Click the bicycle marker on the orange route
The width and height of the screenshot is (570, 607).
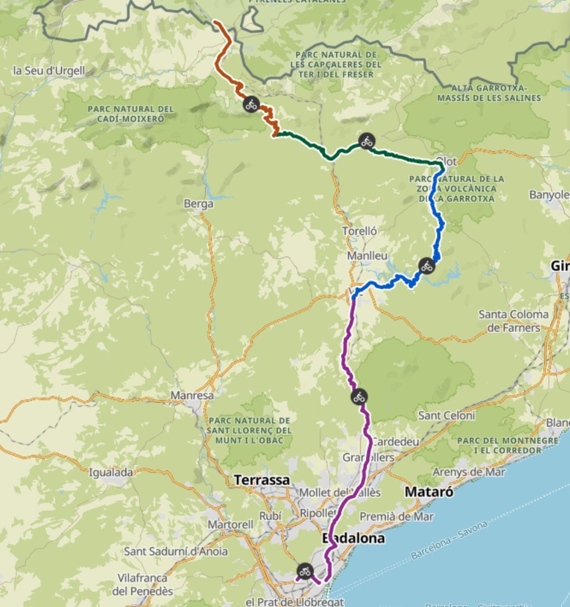point(251,104)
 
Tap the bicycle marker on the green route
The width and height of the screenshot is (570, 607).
point(366,142)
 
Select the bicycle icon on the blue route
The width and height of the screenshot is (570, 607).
point(427,266)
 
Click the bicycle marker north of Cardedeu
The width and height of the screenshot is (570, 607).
point(359,396)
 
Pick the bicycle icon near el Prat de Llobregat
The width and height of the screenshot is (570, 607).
point(305,571)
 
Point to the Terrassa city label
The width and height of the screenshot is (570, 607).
point(262,480)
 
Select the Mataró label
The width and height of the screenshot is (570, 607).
point(429,492)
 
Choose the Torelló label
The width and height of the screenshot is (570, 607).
point(360,231)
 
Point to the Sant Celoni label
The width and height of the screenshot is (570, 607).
point(446,416)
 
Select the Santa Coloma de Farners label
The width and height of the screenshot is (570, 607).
point(513,321)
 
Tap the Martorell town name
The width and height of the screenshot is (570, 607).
point(231,524)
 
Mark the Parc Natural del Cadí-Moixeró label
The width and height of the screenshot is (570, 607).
point(130,113)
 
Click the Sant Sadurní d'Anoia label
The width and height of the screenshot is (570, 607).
point(176,551)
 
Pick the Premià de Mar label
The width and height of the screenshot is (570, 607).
point(396,516)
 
